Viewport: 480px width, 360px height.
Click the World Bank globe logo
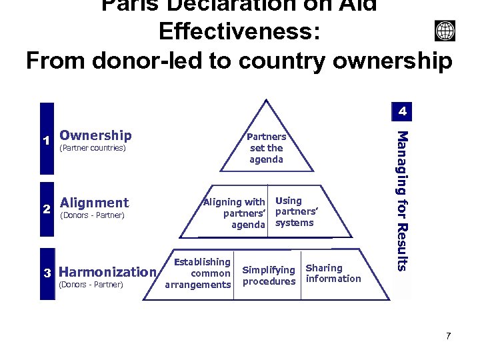pyautogui.click(x=445, y=31)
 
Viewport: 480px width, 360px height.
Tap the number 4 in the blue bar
pyautogui.click(x=403, y=111)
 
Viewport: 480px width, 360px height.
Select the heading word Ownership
pyautogui.click(x=95, y=136)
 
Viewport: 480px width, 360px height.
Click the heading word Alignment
pyautogui.click(x=94, y=203)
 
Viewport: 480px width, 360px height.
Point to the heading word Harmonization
pyautogui.click(x=107, y=272)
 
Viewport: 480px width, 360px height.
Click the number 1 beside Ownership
pyautogui.click(x=46, y=141)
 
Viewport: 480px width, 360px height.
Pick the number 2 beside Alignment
pyautogui.click(x=47, y=209)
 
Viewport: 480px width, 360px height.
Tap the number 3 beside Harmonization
pyautogui.click(x=47, y=273)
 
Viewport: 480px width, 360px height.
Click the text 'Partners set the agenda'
pyautogui.click(x=267, y=148)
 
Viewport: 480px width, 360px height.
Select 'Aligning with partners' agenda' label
pyautogui.click(x=235, y=213)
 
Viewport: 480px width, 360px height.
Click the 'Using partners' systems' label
pyautogui.click(x=293, y=212)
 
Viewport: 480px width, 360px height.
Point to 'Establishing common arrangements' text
pyautogui.click(x=199, y=273)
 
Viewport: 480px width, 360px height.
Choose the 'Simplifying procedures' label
pyautogui.click(x=269, y=275)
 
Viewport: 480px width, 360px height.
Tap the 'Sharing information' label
pyautogui.click(x=333, y=273)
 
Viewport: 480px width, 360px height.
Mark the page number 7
pyautogui.click(x=448, y=335)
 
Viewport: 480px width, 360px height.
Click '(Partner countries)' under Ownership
pyautogui.click(x=93, y=148)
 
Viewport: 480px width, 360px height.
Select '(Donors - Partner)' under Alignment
pyautogui.click(x=93, y=215)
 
